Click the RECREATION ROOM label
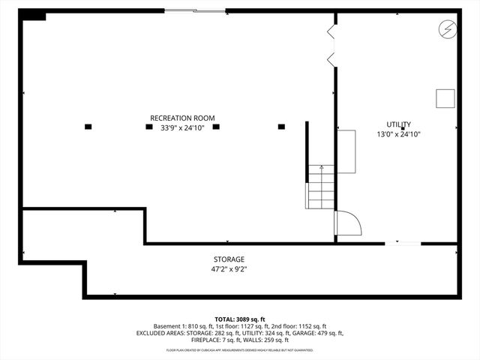(x=182, y=118)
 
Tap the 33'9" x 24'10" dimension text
(x=182, y=127)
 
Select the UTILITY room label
(x=398, y=124)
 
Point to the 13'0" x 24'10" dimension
(x=398, y=134)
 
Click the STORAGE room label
(x=229, y=259)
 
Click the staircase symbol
(x=320, y=187)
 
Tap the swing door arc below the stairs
(x=348, y=223)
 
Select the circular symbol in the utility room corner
(x=445, y=28)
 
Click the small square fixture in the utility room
(x=445, y=98)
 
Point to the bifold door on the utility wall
(x=330, y=46)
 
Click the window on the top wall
(x=195, y=10)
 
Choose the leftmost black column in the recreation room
(x=88, y=127)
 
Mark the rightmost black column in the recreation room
(x=282, y=127)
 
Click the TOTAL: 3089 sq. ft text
(x=239, y=319)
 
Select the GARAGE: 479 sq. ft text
(x=319, y=333)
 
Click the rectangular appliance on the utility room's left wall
(x=346, y=151)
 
